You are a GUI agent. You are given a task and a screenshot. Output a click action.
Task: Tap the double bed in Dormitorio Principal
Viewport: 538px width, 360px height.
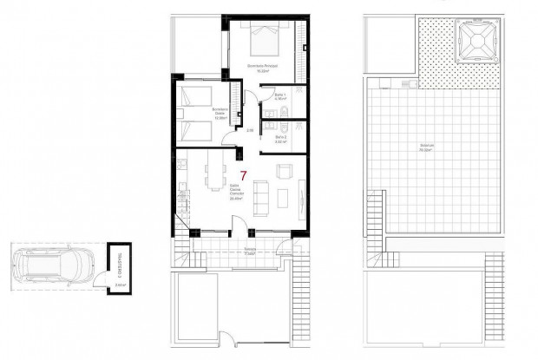click(265, 38)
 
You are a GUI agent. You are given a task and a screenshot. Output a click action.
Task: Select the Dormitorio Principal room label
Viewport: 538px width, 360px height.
click(264, 68)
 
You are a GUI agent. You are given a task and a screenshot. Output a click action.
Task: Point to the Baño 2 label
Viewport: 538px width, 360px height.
click(280, 137)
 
